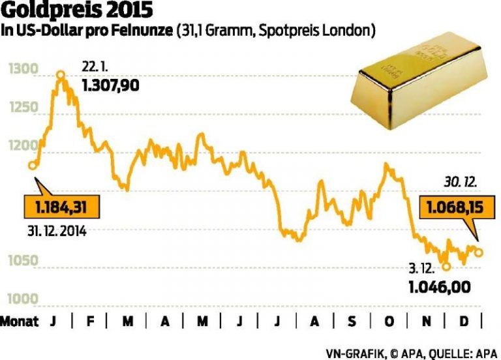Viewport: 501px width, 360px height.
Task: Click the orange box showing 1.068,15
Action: click(449, 209)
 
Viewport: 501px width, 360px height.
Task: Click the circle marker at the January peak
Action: click(61, 75)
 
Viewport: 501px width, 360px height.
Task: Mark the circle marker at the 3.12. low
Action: click(446, 266)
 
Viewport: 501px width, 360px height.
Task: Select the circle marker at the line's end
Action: click(479, 252)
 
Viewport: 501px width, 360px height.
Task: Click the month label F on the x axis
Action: click(90, 322)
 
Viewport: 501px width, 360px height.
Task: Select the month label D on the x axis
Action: click(463, 322)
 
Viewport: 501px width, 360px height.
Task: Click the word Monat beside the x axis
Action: click(20, 322)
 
